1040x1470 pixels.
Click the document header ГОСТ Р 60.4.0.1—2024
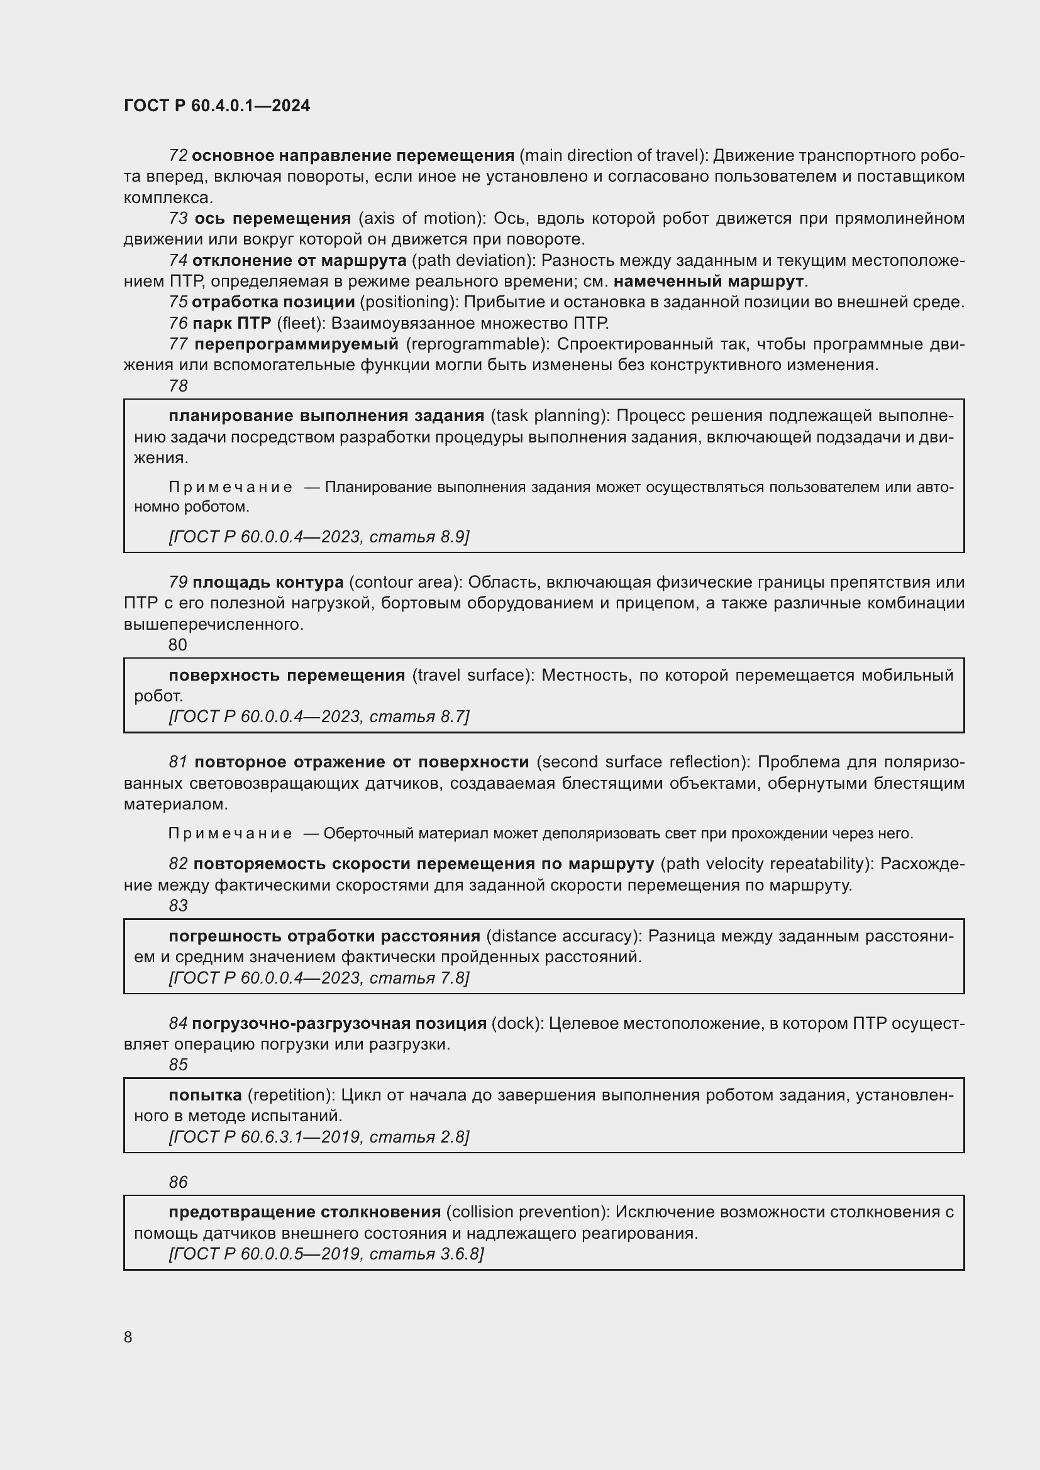(216, 106)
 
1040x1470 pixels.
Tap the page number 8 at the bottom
(128, 1337)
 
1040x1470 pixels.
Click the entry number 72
(178, 156)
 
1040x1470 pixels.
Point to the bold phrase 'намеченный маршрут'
(708, 281)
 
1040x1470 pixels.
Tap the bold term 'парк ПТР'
(232, 322)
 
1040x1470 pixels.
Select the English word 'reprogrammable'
(478, 344)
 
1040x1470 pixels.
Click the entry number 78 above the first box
(178, 386)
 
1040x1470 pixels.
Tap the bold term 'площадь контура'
(268, 582)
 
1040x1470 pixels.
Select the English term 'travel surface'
(473, 675)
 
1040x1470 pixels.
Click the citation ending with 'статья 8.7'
(319, 716)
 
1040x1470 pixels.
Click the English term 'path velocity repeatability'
(766, 864)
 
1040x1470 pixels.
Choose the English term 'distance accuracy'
(563, 936)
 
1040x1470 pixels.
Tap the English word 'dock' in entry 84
(517, 1023)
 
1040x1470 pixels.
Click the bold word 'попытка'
(206, 1095)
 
